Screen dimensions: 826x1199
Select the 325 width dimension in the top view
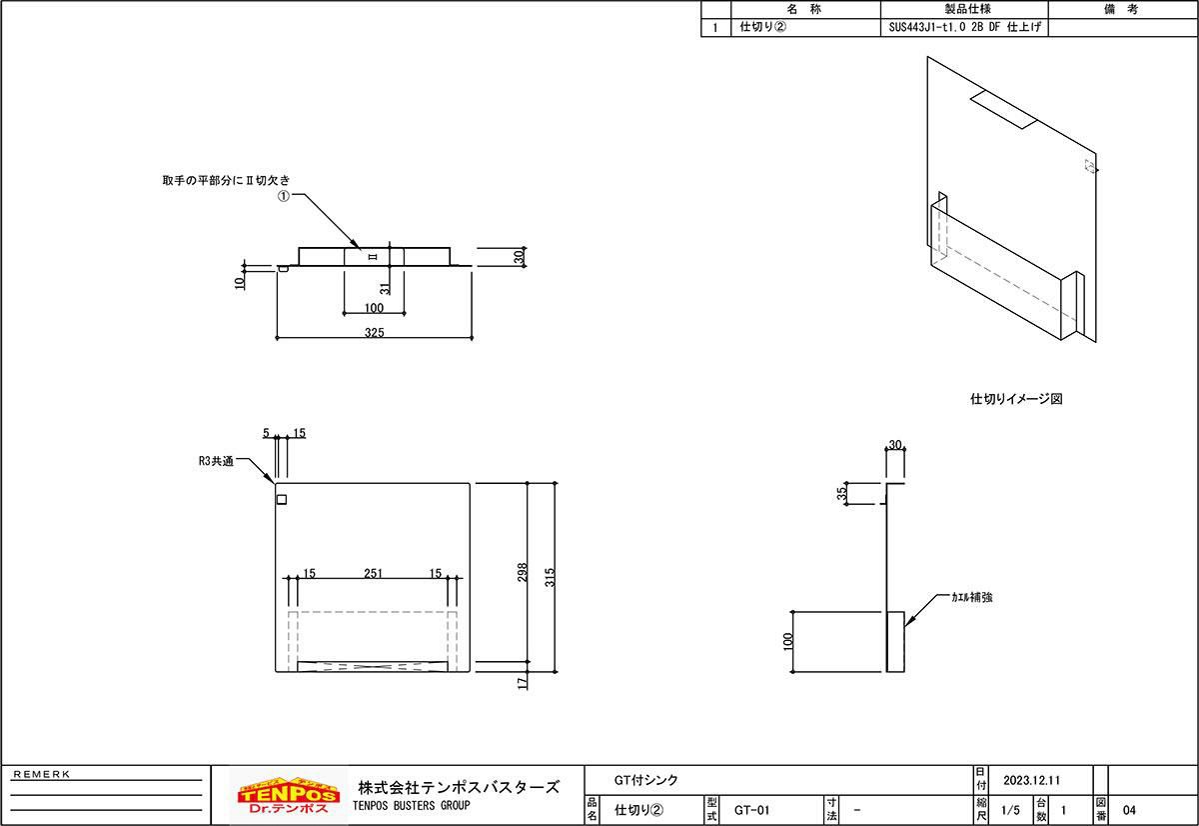374,332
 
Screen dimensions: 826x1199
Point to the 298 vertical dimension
522,572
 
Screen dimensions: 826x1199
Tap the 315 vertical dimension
549,577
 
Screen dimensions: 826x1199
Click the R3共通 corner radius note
216,462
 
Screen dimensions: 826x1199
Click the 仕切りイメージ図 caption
1015,398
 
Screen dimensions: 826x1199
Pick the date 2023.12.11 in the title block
1030,779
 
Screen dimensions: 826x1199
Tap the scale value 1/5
1009,810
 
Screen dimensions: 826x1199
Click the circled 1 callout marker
283,197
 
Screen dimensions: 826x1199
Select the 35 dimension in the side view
842,493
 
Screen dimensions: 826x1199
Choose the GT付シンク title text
645,779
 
